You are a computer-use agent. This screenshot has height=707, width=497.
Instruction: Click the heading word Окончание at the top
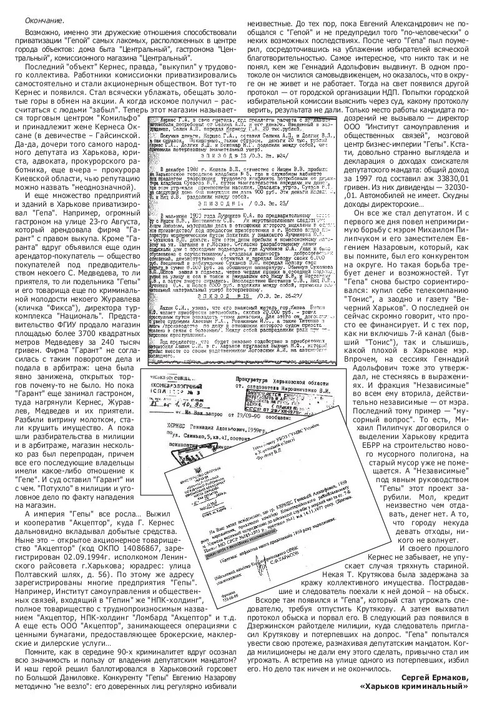pos(44,21)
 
